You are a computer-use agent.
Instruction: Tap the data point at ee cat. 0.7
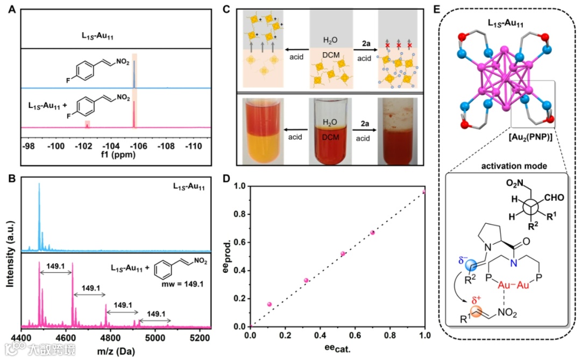point(372,232)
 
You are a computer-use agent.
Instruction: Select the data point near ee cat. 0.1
point(270,305)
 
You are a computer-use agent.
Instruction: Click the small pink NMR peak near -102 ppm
point(87,124)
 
